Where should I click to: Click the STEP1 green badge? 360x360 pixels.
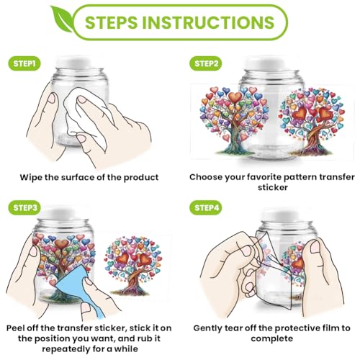[24, 63]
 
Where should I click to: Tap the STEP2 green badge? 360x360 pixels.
[206, 63]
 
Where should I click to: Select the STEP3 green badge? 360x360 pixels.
[24, 207]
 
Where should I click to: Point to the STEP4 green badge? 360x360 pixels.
[206, 207]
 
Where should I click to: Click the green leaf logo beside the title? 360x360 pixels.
[62, 20]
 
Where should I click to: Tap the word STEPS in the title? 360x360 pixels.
[111, 22]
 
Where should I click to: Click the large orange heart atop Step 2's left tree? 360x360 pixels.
[235, 96]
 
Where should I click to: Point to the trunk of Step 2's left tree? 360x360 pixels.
[233, 139]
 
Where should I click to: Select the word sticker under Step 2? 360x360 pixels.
[273, 187]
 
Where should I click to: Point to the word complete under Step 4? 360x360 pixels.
[272, 339]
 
